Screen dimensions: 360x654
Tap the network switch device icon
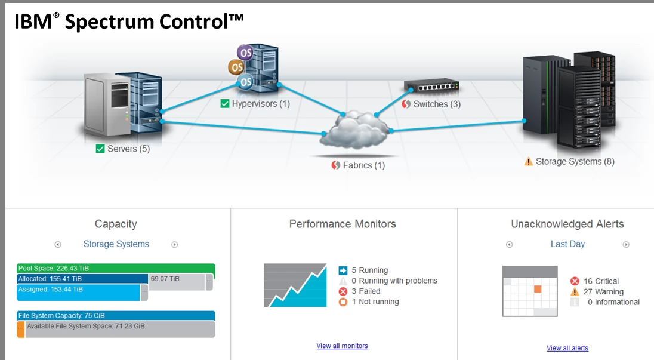coord(431,87)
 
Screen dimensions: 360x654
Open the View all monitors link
coord(342,346)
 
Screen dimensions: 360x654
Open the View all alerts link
coord(567,348)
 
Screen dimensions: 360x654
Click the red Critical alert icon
coord(575,281)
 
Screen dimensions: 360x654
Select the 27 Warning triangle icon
coord(575,292)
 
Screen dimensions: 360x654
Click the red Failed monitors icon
coord(343,291)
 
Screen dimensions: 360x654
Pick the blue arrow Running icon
coord(343,270)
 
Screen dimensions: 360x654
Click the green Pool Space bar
coord(116,269)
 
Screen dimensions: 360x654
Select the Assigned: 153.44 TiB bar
coord(78,290)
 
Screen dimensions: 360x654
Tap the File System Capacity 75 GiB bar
coord(116,316)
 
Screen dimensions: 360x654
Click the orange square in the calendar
coord(538,289)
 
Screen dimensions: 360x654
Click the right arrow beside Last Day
coord(626,244)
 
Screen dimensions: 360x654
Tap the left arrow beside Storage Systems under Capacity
coord(58,244)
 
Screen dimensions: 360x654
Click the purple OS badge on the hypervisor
coord(245,53)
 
